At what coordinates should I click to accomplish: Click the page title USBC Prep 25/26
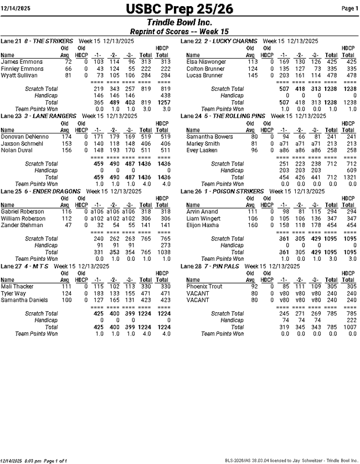[x=179, y=9]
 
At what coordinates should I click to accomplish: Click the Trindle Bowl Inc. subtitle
[x=179, y=22]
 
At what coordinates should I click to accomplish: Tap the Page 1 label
[x=349, y=8]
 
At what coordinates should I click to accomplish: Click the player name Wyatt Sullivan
[x=19, y=75]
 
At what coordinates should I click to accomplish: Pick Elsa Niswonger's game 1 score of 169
[x=283, y=62]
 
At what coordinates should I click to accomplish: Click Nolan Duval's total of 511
[x=146, y=149]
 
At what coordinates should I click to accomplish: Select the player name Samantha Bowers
[x=209, y=136]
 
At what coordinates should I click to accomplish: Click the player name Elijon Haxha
[x=202, y=225]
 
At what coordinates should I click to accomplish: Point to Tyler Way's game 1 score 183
[x=99, y=293]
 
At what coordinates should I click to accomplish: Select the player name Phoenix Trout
[x=204, y=286]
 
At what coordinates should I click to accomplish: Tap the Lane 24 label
[x=191, y=116]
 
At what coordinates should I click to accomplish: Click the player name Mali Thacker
[x=17, y=286]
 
